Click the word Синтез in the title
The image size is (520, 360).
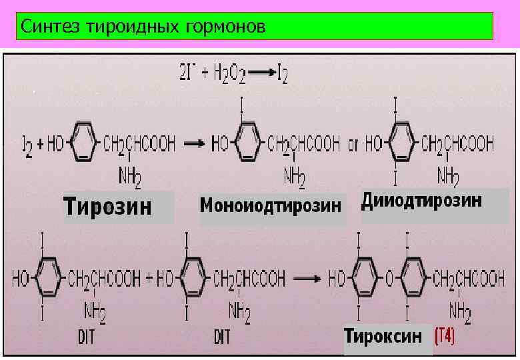click(46, 27)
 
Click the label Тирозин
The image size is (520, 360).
click(108, 207)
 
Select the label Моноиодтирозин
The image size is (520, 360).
click(270, 205)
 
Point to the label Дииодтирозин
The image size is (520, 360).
click(421, 201)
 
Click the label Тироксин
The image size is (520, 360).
click(383, 336)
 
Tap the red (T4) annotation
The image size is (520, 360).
click(445, 336)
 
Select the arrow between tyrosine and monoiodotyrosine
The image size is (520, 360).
click(194, 142)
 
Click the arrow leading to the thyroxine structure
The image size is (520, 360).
click(307, 279)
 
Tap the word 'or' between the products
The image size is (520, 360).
click(353, 143)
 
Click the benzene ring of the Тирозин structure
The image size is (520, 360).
click(83, 142)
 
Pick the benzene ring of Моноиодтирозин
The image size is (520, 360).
click(247, 143)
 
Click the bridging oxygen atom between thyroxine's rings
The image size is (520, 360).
click(385, 278)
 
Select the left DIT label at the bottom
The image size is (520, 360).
click(86, 337)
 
